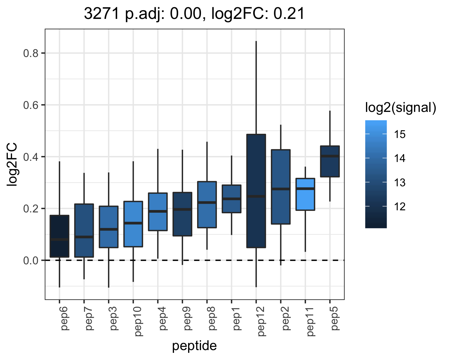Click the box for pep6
click(59, 236)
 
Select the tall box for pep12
click(256, 191)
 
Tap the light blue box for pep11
click(305, 194)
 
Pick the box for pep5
click(330, 161)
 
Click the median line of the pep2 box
click(281, 189)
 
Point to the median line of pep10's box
click(133, 223)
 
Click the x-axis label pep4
click(162, 319)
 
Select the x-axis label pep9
click(187, 319)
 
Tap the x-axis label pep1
click(236, 319)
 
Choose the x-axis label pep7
click(88, 319)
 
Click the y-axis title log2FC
click(12, 164)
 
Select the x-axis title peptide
click(194, 346)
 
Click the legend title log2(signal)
click(401, 107)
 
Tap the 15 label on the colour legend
click(400, 134)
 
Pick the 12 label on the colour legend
click(400, 206)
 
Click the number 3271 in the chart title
click(102, 13)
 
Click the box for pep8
click(207, 205)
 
